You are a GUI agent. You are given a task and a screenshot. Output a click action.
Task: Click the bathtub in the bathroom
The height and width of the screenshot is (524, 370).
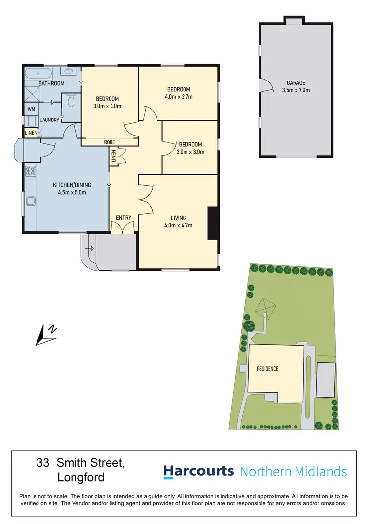[38, 74]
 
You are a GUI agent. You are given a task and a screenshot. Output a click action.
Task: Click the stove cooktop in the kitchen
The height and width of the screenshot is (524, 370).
[30, 171]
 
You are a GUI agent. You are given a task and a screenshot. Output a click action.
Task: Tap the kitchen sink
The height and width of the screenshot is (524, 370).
[31, 201]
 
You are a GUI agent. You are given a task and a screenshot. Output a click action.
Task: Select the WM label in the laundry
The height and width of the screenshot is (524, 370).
[31, 109]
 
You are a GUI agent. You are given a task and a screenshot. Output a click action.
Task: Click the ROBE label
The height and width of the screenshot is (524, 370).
[109, 142]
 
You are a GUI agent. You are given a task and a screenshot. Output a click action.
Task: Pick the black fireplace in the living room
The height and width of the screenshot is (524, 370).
[213, 223]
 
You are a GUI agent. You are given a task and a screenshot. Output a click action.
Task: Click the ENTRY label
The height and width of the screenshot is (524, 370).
[123, 218]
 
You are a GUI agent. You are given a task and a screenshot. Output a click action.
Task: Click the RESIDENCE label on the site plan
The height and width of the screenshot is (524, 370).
[267, 369]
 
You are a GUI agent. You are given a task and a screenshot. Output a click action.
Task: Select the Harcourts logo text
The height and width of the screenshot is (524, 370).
[198, 471]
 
